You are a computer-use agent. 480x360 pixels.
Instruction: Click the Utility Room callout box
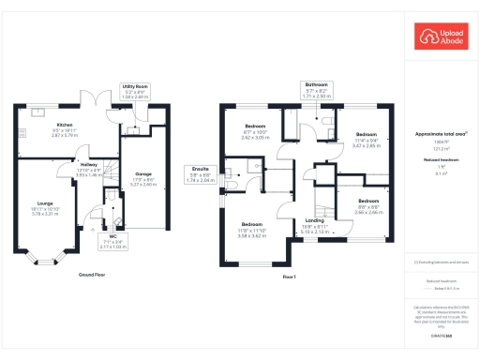point(137,92)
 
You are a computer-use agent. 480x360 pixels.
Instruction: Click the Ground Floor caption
point(91,275)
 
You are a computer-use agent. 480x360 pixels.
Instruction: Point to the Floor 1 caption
point(289,277)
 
